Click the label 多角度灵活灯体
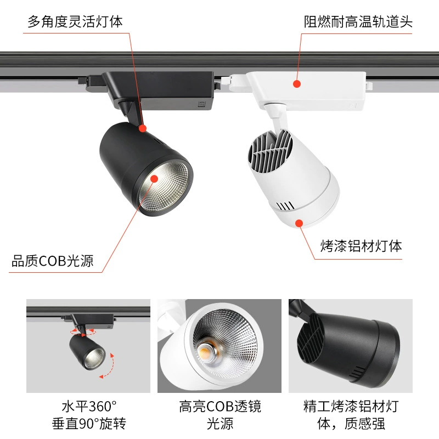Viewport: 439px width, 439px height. point(75,21)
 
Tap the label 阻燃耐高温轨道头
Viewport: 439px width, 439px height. point(358,21)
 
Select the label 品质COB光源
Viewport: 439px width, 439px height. point(52,261)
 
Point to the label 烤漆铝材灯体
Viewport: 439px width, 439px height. point(361,246)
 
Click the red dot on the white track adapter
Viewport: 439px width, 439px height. point(297,84)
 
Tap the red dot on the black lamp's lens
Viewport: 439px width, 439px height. point(154,179)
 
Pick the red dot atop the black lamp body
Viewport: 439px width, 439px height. point(143,128)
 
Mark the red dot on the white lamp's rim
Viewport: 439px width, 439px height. point(299,223)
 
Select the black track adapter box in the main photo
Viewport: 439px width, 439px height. point(157,90)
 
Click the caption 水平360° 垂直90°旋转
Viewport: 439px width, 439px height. point(89,415)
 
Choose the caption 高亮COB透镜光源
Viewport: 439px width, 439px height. point(220,415)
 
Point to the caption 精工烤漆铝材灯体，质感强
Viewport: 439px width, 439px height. point(351,415)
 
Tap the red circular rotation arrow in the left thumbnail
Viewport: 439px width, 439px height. point(83,333)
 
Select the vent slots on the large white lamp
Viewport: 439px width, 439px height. point(286,206)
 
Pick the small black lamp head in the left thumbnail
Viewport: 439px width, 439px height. point(87,352)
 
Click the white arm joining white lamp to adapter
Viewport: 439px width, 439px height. point(279,117)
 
